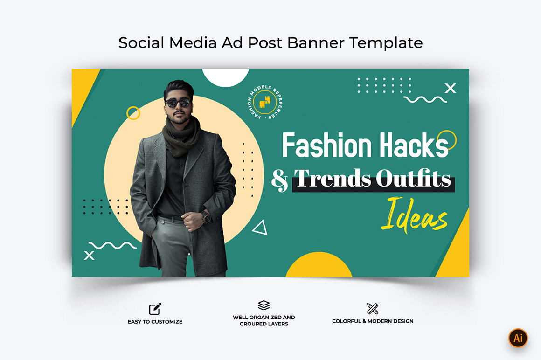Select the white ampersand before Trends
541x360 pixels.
click(279, 180)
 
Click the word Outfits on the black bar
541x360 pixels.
click(413, 179)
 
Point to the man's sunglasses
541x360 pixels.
click(178, 103)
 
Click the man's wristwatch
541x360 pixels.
click(206, 217)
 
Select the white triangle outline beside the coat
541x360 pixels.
click(261, 228)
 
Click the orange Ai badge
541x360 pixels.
click(518, 338)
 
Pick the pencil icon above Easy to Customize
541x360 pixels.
click(155, 309)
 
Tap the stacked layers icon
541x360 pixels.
click(264, 305)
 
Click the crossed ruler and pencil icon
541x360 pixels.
click(373, 309)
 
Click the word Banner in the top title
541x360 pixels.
click(315, 43)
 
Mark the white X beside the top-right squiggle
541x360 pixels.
click(450, 89)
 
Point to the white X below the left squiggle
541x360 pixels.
click(90, 256)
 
